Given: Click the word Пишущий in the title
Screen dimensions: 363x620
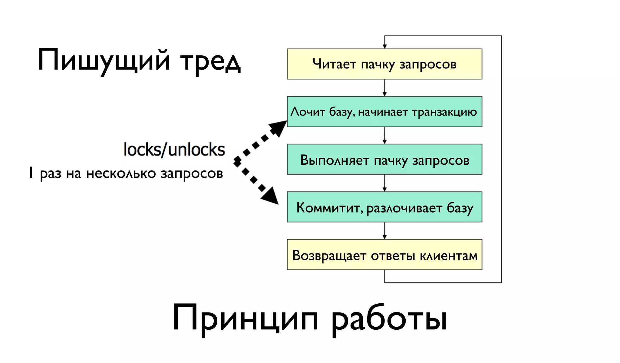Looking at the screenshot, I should (104, 61).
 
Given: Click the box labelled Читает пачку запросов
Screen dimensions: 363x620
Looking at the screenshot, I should (384, 64).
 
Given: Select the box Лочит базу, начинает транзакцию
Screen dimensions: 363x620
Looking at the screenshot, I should (384, 111).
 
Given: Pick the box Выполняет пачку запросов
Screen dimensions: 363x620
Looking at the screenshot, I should (384, 159).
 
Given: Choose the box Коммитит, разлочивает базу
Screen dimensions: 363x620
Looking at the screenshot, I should (384, 207).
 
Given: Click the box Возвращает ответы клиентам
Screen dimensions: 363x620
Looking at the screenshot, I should (384, 255).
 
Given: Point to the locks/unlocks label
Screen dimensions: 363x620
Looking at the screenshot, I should (174, 150).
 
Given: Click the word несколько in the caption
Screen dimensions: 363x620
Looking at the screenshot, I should (121, 173).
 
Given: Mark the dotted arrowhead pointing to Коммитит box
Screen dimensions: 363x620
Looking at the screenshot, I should (270, 196).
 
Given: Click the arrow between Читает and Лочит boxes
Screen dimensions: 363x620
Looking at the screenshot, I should (384, 88).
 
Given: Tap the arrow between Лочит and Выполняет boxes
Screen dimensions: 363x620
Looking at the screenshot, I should (384, 135).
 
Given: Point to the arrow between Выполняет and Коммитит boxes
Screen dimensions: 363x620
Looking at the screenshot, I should (384, 183).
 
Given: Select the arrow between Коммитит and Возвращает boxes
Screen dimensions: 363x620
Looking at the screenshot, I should (384, 231).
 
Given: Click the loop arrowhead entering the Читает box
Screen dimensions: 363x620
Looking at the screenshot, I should (384, 46).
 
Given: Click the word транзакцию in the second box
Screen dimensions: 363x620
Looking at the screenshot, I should (444, 112).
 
